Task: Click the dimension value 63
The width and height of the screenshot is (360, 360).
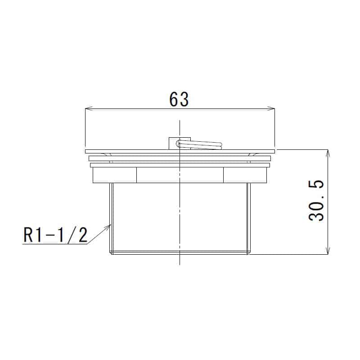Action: tap(179, 99)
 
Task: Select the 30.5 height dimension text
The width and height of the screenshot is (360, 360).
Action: tap(318, 201)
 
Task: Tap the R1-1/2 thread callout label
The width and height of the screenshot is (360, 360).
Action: tap(55, 234)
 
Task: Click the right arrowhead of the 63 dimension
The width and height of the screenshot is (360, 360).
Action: tap(271, 108)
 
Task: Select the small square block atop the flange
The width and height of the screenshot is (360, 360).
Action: tap(173, 143)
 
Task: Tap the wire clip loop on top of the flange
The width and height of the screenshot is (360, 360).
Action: tap(200, 144)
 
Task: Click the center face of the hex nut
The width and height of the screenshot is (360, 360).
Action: tap(180, 175)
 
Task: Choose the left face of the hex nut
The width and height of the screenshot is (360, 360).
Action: tap(115, 175)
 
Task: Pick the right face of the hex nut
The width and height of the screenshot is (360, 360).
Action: tap(245, 175)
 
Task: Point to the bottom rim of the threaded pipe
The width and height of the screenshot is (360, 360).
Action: tap(180, 253)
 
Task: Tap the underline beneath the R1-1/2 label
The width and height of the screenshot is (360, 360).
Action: tap(54, 244)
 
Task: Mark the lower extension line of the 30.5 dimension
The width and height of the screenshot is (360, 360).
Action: tap(292, 254)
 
